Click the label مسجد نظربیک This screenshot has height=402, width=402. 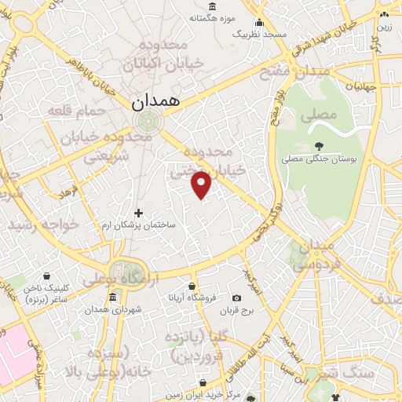coord(265,35)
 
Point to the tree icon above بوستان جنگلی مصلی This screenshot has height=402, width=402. coord(319,146)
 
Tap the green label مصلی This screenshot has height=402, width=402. coord(316,115)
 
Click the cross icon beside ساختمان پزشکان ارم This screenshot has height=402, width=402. coord(139,213)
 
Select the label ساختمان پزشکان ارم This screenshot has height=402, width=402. coord(140,225)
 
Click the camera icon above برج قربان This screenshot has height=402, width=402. coord(236,298)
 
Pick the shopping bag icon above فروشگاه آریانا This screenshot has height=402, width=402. coord(192,286)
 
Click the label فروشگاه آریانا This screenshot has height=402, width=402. coord(192,298)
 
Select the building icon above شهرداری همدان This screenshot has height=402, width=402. coord(114,298)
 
